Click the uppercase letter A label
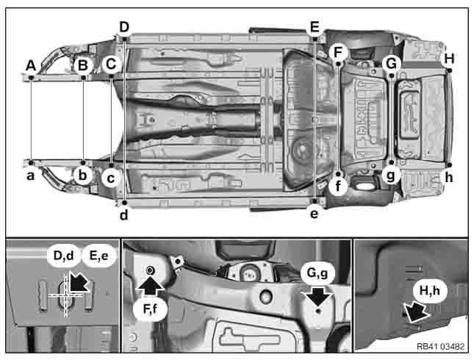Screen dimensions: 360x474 point(31,65)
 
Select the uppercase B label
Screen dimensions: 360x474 point(83,65)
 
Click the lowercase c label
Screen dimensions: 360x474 point(110,176)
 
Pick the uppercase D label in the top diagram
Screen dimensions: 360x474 point(124,27)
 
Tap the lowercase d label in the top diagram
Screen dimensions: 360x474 point(124,215)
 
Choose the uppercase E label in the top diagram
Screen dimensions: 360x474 point(315,27)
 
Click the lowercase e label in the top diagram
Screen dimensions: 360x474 point(315,214)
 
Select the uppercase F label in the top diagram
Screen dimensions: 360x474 point(338,52)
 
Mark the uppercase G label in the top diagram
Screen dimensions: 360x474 point(391,63)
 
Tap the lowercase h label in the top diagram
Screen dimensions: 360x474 point(449,177)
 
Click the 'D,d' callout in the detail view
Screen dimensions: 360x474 point(62,256)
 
